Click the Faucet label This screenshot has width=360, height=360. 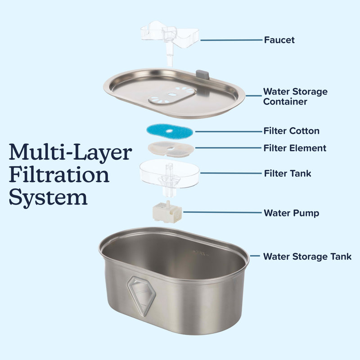tap(279, 40)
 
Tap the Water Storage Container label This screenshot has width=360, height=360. tap(295, 96)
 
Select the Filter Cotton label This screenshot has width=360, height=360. tap(291, 131)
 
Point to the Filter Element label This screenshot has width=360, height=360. tap(295, 148)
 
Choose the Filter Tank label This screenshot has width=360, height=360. tap(288, 173)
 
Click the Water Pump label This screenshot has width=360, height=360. tap(291, 213)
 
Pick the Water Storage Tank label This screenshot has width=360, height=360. tap(307, 256)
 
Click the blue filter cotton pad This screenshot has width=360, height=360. tap(170, 131)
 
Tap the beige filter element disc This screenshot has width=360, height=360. tap(171, 149)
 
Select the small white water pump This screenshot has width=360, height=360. tap(167, 211)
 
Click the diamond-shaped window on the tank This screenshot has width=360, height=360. tap(142, 296)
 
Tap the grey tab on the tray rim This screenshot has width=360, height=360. tap(202, 75)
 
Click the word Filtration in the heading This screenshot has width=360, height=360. tap(59, 175)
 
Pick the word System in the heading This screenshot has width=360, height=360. tap(48, 198)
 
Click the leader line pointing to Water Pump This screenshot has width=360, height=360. tap(222, 212)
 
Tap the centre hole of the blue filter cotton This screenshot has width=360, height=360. tap(170, 131)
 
